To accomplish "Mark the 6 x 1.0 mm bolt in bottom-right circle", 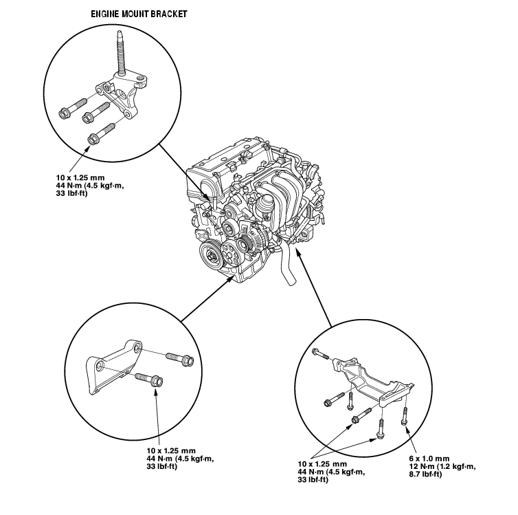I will pos(405,415).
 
